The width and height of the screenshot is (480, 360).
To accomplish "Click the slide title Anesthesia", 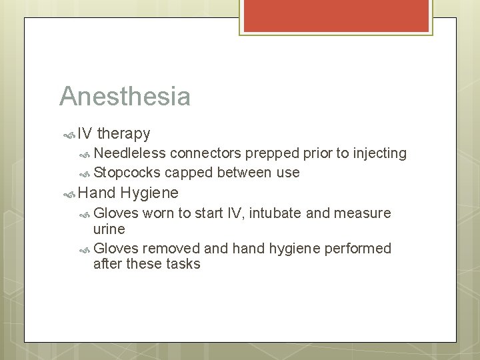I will click(x=125, y=96).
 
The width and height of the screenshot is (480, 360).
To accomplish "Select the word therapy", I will click(x=123, y=134).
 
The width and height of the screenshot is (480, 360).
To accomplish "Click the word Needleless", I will click(x=129, y=153).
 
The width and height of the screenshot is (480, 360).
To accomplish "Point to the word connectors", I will click(x=205, y=153).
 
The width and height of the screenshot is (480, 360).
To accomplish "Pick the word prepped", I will click(x=273, y=153).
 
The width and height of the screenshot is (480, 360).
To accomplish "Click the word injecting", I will click(x=375, y=153).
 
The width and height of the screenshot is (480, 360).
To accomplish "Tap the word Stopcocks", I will click(x=127, y=173).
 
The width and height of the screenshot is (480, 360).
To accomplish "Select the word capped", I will click(x=187, y=173).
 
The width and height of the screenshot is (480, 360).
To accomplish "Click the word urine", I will click(x=109, y=229).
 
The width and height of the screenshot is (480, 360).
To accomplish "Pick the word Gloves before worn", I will click(x=117, y=213).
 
